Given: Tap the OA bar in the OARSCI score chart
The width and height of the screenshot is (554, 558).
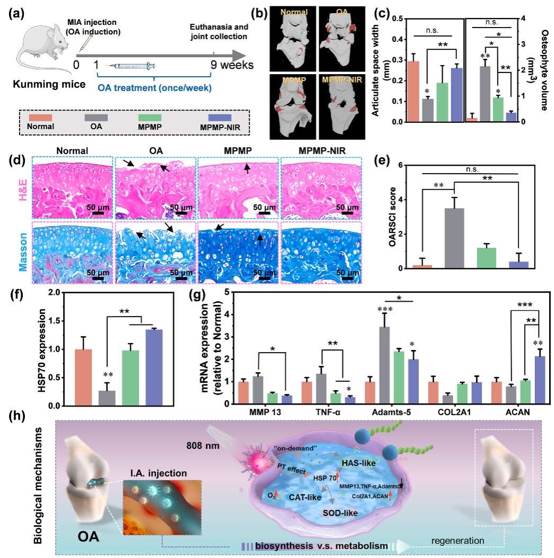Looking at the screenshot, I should (x=454, y=238).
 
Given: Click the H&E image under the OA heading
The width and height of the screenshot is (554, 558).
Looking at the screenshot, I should (x=155, y=188).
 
